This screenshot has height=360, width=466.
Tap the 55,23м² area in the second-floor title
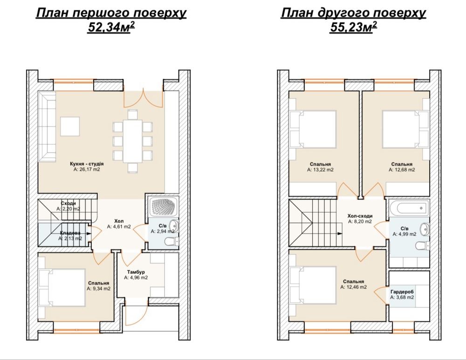click(353, 27)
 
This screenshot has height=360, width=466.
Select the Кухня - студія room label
click(87, 163)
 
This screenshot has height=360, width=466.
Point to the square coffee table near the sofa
click(70, 127)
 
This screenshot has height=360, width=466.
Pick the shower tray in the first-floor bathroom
click(164, 207)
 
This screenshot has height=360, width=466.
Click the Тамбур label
click(136, 272)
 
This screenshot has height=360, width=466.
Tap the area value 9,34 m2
click(99, 289)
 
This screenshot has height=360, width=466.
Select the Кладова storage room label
click(70, 233)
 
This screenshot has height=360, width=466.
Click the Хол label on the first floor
click(119, 221)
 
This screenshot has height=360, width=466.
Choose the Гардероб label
click(402, 292)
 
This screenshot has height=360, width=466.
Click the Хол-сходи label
click(360, 216)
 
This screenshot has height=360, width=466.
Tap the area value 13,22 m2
click(320, 170)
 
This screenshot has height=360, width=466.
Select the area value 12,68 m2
click(402, 170)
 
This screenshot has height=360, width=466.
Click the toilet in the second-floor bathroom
click(423, 246)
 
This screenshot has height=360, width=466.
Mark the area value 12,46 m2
click(353, 287)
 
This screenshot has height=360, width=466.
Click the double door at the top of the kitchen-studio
click(143, 98)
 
